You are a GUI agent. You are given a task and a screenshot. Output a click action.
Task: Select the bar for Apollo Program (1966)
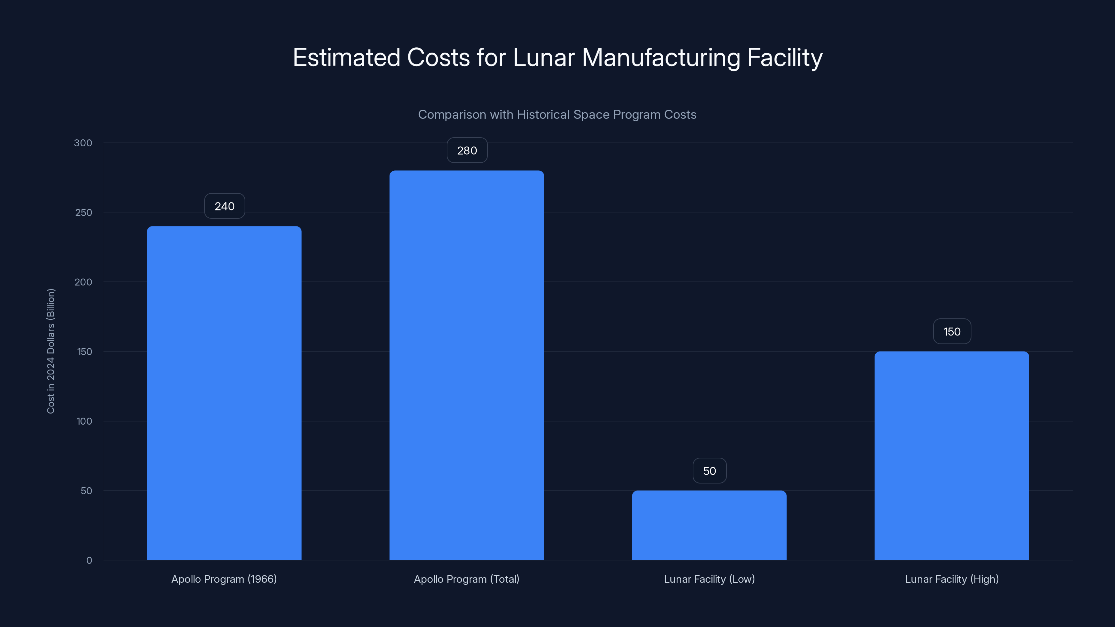224,393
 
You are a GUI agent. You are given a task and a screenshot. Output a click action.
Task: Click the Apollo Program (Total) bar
467,365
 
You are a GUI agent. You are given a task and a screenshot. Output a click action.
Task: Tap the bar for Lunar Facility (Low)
709,525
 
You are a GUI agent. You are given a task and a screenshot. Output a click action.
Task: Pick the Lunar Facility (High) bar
951,455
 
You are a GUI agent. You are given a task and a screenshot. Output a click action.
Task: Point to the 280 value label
467,150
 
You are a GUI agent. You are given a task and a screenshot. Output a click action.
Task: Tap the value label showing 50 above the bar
709,471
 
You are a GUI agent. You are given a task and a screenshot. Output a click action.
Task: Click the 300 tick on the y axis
83,143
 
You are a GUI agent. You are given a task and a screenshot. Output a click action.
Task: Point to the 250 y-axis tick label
84,212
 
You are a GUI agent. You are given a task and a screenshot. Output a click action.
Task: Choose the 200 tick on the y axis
84,282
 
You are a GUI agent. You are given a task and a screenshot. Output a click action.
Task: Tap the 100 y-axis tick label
84,421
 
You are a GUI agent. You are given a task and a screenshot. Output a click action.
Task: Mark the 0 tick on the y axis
89,560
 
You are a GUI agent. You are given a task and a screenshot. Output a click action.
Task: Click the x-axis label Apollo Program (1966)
224,579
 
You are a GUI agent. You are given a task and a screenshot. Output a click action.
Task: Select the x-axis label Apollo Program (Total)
467,579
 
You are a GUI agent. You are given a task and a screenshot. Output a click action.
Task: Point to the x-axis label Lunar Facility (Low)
709,579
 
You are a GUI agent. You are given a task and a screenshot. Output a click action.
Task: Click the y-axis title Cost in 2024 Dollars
51,351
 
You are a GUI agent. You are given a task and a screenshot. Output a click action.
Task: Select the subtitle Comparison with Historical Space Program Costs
557,114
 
